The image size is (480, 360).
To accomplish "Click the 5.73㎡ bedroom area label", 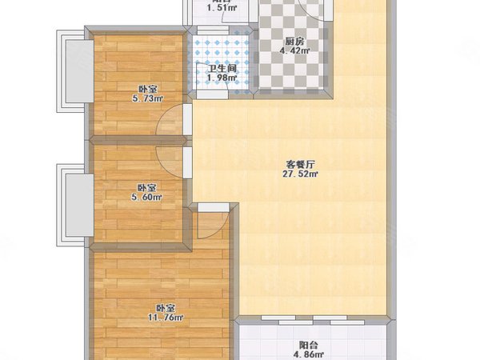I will tap(146, 99).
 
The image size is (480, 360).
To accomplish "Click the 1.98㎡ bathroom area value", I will tap(221, 78).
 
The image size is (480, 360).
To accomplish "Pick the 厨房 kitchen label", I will tap(294, 42).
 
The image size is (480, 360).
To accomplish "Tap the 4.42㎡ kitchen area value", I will tap(294, 52).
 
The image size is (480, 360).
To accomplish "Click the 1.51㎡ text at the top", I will tap(220, 9).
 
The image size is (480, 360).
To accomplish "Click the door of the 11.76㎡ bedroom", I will tap(211, 224).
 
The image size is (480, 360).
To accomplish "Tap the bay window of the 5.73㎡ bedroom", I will tap(72, 70).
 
